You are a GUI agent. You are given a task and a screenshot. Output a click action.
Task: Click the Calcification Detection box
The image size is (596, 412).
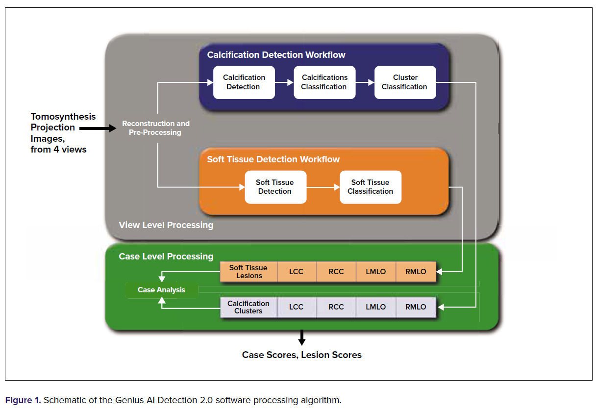pos(244,82)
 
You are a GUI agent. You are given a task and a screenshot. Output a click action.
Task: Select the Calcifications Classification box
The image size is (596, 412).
pos(324,82)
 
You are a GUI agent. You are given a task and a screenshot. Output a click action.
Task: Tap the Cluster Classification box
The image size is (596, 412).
pos(405,82)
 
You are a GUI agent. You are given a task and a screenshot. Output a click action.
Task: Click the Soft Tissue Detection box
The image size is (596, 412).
pos(275,187)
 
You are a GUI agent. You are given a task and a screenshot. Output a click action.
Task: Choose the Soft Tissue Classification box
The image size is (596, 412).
pos(370,187)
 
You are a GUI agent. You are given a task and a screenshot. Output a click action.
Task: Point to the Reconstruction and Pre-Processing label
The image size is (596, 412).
pos(155,128)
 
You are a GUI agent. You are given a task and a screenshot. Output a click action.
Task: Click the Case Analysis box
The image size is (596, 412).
pos(161,290)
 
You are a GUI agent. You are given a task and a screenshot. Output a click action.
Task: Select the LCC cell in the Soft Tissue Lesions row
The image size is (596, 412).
pos(297,272)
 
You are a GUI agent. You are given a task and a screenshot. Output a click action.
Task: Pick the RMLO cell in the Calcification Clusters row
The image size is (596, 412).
pos(416,307)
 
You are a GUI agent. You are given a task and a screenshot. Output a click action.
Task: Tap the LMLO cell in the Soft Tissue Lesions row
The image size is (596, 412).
pos(375,272)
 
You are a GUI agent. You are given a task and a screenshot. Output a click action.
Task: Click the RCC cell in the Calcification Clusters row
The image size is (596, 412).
pos(336,307)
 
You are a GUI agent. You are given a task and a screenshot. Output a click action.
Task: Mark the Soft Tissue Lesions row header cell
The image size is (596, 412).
pos(248,272)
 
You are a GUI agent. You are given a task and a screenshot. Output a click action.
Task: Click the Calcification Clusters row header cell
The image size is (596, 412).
pos(248,307)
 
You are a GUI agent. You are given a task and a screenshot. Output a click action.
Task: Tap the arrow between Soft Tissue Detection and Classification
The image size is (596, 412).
pos(323,187)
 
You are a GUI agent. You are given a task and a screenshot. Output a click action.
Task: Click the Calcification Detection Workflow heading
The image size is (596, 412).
pos(276,55)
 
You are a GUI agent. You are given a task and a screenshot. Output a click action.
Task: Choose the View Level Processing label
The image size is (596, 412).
pos(166,225)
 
